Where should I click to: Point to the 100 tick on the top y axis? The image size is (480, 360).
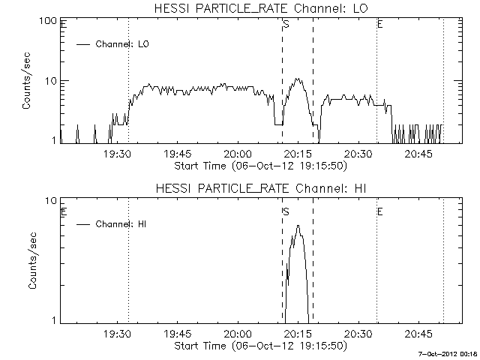[x=49, y=21]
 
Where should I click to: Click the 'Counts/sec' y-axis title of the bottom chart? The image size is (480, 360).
[x=26, y=260]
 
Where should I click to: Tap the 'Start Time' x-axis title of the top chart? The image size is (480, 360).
[x=259, y=165]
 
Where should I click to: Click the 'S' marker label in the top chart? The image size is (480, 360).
[x=286, y=25]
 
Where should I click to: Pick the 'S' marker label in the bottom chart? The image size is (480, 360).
[x=286, y=212]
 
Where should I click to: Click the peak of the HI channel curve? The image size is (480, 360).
[x=298, y=226]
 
